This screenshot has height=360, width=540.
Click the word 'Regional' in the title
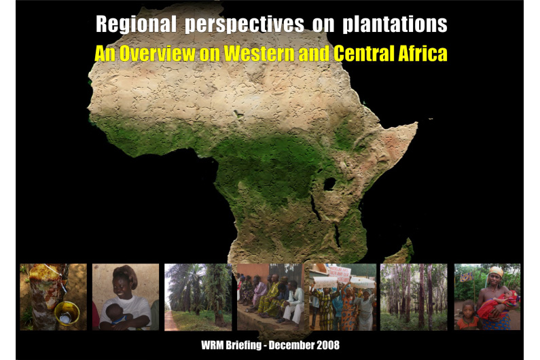(x=136, y=24)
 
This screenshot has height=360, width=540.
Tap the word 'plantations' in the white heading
(x=395, y=24)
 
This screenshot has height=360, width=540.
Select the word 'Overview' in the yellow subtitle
(x=158, y=54)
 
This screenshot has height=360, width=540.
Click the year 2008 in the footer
(x=327, y=345)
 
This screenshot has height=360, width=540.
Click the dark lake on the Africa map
(x=329, y=184)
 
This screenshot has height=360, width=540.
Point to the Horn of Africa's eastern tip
(x=417, y=123)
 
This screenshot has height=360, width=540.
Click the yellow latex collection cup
(x=67, y=314)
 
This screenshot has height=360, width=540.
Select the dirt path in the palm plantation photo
(x=170, y=320)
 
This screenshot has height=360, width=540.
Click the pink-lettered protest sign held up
(x=339, y=272)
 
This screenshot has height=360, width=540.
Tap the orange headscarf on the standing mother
(x=497, y=271)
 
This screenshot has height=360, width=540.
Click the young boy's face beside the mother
(x=467, y=309)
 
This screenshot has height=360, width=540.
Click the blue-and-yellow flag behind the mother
(x=466, y=276)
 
